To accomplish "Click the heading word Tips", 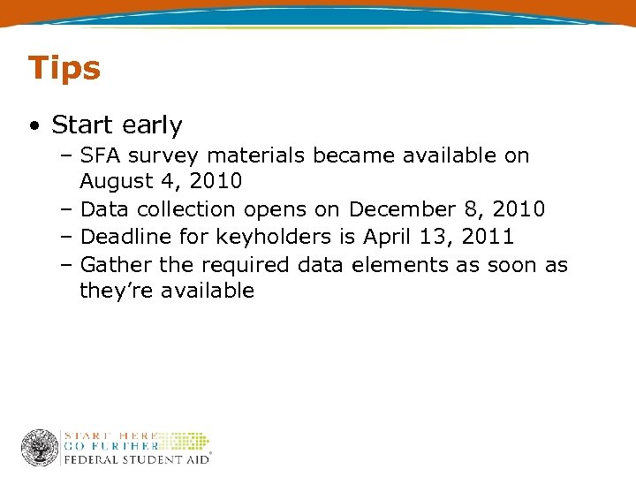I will click(x=64, y=68).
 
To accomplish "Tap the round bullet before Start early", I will click(x=33, y=126).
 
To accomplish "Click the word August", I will click(x=114, y=183).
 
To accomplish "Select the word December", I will click(x=402, y=210).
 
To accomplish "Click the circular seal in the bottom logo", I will click(x=40, y=448).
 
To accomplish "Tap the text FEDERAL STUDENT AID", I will click(x=135, y=459).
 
